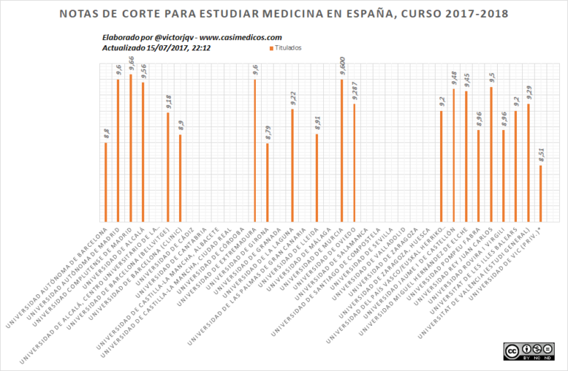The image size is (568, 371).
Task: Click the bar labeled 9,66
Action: pyautogui.click(x=131, y=148)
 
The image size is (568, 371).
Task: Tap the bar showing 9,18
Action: pyautogui.click(x=168, y=166)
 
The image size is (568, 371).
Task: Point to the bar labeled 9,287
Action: pyautogui.click(x=354, y=163)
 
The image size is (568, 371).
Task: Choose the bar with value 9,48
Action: pyautogui.click(x=453, y=155)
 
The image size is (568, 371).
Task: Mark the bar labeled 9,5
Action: pyautogui.click(x=491, y=154)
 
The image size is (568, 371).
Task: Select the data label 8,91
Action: pyautogui.click(x=317, y=123)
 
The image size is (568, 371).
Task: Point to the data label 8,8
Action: pyautogui.click(x=106, y=134)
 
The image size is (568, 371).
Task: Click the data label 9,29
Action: pyautogui.click(x=528, y=92)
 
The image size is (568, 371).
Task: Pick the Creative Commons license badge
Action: pyautogui.click(x=529, y=350)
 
